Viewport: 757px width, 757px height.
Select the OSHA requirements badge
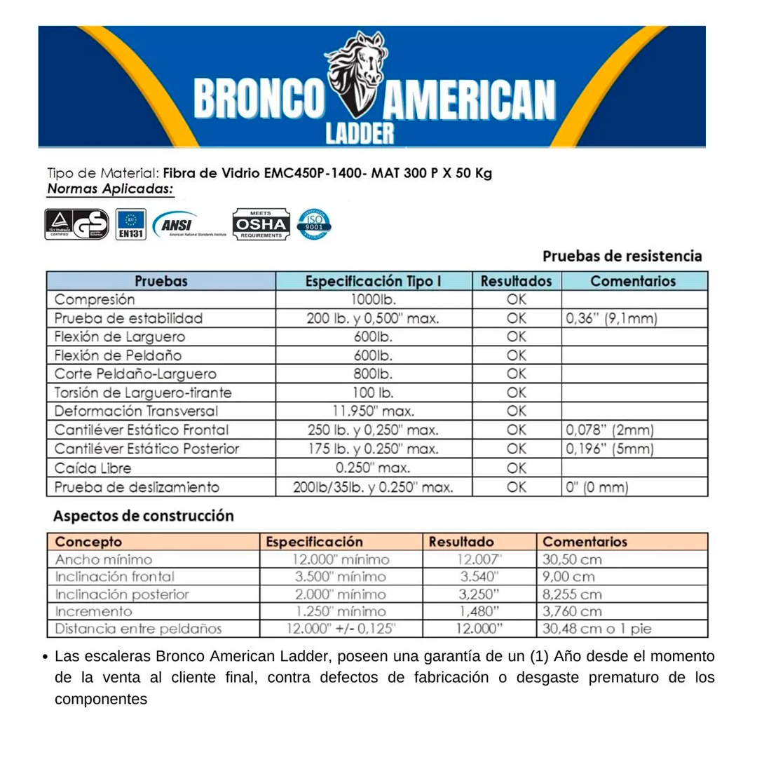261,224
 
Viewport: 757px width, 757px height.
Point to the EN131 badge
131,224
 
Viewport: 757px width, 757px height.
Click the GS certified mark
77,224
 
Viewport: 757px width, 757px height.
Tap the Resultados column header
517,281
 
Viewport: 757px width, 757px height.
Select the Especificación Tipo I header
373,281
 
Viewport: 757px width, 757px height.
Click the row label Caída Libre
93,468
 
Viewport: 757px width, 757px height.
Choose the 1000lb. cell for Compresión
373,299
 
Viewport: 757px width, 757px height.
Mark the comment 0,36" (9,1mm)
611,318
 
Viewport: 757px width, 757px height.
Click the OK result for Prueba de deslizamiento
517,486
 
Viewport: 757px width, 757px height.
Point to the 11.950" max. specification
373,411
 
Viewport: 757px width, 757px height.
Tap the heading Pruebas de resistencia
622,256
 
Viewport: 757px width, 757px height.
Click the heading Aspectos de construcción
144,516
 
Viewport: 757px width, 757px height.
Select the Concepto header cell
88,542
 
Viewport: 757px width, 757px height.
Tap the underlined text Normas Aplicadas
111,189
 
